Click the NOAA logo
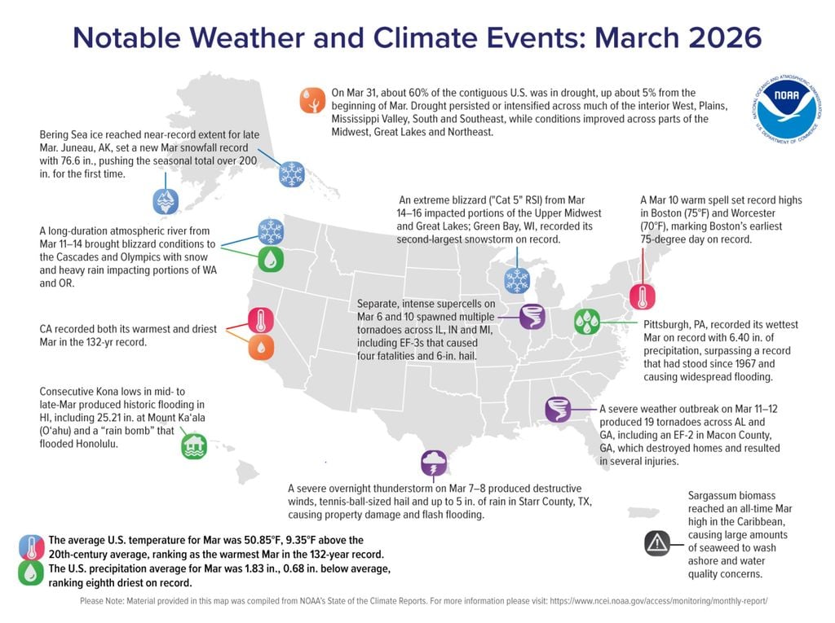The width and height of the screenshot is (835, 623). point(787,110)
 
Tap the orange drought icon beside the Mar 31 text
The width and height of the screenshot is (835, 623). point(312,100)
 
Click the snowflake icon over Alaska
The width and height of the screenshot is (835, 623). point(292,174)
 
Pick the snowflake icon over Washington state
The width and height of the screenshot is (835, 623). point(271,232)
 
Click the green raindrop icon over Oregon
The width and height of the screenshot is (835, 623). point(271,260)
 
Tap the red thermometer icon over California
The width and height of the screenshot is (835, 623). point(261,321)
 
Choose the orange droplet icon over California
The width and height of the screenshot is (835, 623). point(261,348)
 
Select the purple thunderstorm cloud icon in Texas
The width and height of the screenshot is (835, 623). point(434,463)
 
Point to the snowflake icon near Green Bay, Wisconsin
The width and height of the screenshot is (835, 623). point(517,280)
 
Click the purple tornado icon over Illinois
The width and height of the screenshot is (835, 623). point(532,317)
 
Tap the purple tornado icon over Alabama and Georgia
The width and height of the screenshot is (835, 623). point(558,410)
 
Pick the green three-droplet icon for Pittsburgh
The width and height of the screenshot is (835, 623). point(587,322)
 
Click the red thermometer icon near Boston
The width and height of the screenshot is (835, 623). point(643,297)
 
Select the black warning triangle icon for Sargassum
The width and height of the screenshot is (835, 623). point(657,544)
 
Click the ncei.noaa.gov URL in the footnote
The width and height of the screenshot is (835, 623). point(659,601)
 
